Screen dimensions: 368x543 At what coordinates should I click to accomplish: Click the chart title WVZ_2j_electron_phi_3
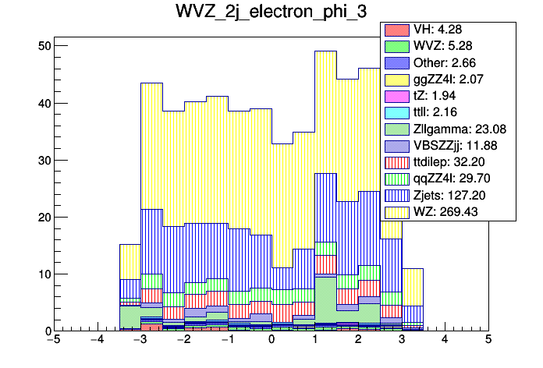click(271, 15)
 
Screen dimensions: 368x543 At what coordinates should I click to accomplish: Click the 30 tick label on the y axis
click(45, 160)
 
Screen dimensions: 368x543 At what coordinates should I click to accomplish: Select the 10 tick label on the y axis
click(45, 274)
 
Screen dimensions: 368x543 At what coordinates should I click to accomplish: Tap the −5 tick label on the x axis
click(53, 340)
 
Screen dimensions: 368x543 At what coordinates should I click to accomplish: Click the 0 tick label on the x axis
click(271, 340)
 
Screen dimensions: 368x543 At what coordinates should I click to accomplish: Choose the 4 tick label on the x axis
click(445, 340)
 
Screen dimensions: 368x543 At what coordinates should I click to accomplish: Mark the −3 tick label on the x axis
click(140, 340)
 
